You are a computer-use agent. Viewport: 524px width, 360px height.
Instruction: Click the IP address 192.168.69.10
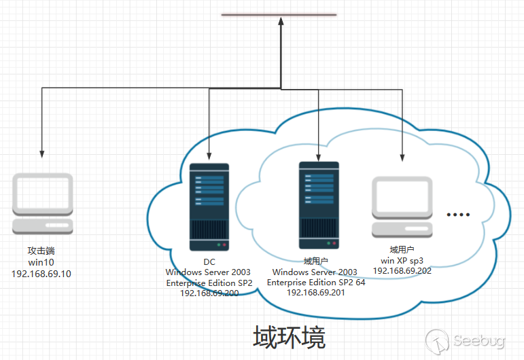41,274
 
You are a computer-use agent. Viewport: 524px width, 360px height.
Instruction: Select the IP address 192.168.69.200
209,293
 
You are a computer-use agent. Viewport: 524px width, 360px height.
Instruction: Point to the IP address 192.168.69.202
402,270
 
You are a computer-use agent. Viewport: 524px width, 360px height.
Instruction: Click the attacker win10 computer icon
43,204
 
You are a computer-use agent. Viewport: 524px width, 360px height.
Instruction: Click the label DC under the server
209,262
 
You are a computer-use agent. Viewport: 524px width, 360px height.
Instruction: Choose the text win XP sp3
402,260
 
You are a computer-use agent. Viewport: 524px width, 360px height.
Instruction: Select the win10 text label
41,262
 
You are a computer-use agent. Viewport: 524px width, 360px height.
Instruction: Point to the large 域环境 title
289,337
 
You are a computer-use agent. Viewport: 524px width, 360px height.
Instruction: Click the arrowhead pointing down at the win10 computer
43,154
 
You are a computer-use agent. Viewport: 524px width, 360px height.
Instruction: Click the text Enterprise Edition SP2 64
316,282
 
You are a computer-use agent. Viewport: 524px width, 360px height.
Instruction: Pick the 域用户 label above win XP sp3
402,250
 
